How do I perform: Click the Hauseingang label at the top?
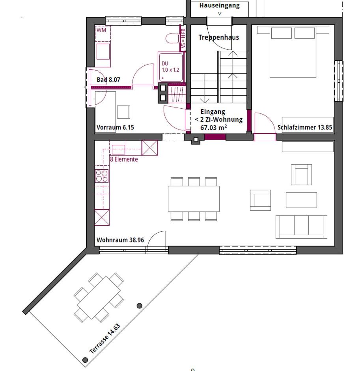tap(219, 6)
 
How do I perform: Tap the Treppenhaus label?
tap(218, 37)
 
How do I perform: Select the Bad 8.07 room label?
tap(108, 80)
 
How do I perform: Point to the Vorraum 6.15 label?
tap(115, 127)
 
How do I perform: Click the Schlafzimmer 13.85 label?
tap(304, 127)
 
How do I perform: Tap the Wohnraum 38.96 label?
tap(120, 240)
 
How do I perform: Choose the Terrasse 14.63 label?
tap(104, 338)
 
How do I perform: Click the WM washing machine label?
tap(101, 30)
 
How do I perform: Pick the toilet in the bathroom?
tap(172, 39)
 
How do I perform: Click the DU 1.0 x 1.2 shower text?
tap(170, 67)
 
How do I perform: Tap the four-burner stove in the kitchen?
tap(102, 176)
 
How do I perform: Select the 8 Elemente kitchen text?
tap(124, 159)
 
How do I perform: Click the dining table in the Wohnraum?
tap(194, 199)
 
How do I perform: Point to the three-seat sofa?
tap(301, 227)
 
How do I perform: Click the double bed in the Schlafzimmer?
tap(293, 52)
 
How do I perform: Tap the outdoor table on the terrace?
tap(99, 297)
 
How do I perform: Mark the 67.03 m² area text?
tap(213, 127)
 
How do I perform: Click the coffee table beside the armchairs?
tap(301, 200)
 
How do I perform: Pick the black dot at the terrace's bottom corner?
tap(85, 360)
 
